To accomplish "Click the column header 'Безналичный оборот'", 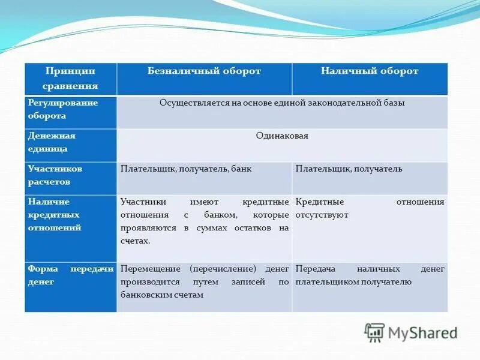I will (204, 71).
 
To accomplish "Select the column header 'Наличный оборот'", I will (369, 71).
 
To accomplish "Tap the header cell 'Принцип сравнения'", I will (71, 79).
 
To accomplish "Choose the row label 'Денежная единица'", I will (52, 142).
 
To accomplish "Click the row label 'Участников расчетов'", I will (55, 175).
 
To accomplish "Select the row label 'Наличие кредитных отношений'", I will (55, 215).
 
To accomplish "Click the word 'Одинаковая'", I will (282, 136).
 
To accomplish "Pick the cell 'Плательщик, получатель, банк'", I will (186, 169).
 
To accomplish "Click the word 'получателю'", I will (389, 282).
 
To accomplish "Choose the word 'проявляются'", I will (146, 228).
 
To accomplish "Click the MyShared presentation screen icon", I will (375, 332).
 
